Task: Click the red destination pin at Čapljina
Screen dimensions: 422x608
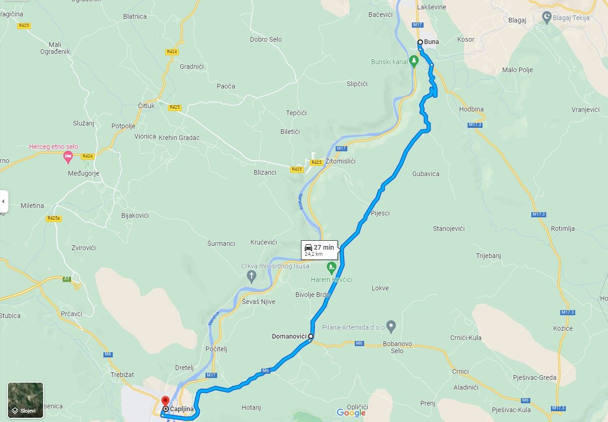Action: [x=165, y=401]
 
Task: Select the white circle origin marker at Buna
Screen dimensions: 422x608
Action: [x=420, y=42]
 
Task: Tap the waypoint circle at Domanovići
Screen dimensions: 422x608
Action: [x=310, y=336]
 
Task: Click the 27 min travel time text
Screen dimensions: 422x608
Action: [x=324, y=247]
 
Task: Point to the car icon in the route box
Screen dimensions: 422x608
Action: [x=308, y=247]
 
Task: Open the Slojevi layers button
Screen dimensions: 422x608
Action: [x=25, y=400]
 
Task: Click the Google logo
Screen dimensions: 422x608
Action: [x=351, y=413]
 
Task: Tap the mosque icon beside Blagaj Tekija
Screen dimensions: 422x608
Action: [x=546, y=17]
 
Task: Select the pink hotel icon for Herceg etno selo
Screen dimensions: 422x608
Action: [x=68, y=156]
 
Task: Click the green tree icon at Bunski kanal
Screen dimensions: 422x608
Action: [x=413, y=61]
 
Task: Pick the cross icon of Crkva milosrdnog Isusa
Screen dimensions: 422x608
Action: [x=251, y=276]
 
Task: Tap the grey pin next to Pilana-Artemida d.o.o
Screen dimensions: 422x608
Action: [x=392, y=326]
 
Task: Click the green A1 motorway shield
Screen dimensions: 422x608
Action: [x=67, y=279]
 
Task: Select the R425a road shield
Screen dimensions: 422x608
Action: [x=54, y=218]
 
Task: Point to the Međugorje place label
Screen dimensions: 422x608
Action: [x=83, y=173]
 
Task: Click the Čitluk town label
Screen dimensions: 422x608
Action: [x=146, y=106]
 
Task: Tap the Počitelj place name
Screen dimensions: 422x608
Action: [x=216, y=349]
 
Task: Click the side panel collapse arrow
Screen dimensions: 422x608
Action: [x=4, y=201]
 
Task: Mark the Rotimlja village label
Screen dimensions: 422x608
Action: [x=563, y=229]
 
